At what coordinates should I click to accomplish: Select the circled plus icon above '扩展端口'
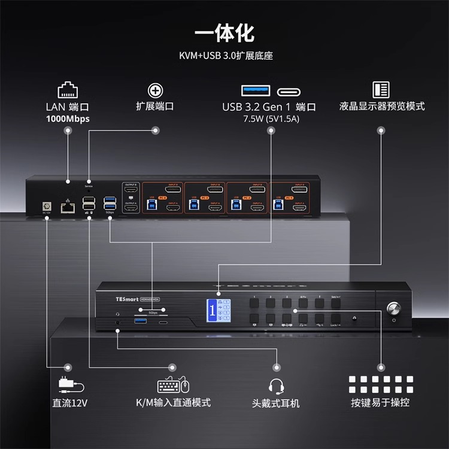(155, 90)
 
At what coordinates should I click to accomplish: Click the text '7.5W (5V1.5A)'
(271, 119)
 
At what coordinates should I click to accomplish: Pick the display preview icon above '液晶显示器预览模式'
(381, 90)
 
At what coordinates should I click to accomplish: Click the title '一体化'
(224, 33)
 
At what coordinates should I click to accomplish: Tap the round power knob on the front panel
(393, 309)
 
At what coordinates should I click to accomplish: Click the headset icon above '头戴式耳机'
(276, 385)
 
